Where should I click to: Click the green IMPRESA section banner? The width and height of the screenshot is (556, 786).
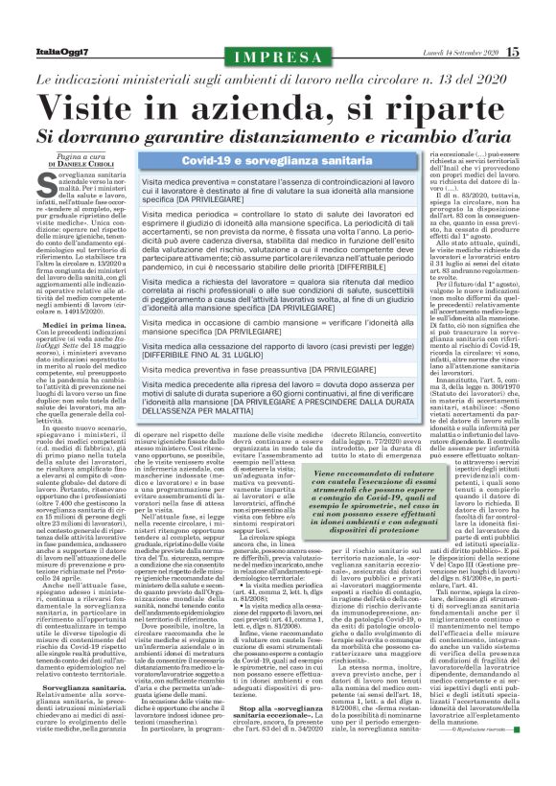point(278,58)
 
